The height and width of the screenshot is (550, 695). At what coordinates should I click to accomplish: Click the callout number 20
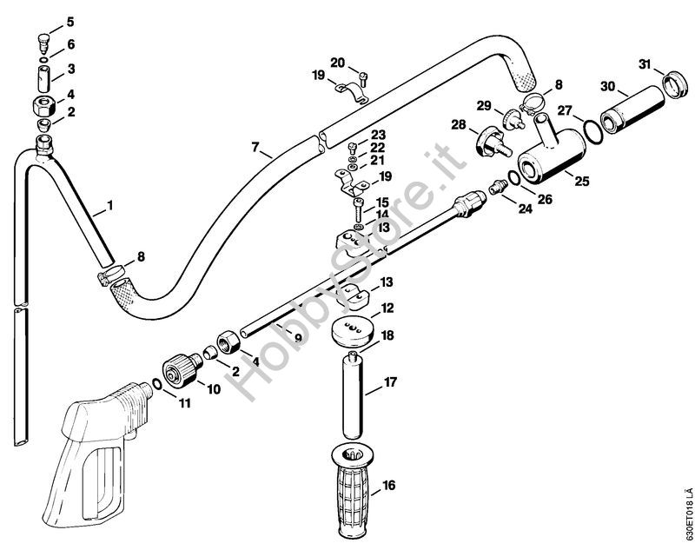338,62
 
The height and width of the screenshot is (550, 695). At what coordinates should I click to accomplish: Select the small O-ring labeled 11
156,384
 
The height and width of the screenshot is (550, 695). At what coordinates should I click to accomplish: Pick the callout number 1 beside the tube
109,206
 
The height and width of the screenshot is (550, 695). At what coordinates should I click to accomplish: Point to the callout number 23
378,134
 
